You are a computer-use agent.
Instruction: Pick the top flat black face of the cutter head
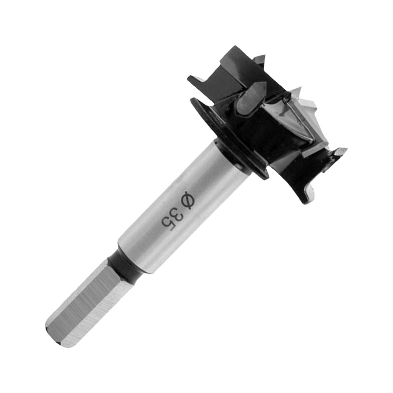click(x=243, y=65)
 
